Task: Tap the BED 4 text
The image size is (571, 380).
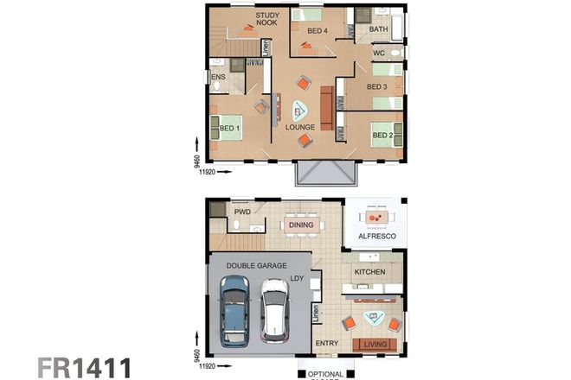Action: tap(318, 31)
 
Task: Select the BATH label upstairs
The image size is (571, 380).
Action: tap(378, 29)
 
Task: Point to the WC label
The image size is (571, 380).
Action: tap(378, 54)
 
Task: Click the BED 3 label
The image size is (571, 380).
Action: tap(376, 87)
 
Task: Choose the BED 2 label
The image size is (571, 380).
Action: tap(382, 136)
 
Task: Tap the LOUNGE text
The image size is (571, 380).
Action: tap(300, 128)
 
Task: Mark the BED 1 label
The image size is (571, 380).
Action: tap(229, 129)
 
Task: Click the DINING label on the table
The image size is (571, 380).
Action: tap(302, 225)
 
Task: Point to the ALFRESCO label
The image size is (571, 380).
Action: tap(372, 235)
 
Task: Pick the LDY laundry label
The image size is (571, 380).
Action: tap(297, 278)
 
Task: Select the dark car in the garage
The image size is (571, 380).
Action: tap(233, 310)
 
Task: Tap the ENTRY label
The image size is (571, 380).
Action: tap(327, 344)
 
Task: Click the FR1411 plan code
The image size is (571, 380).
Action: tap(83, 365)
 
